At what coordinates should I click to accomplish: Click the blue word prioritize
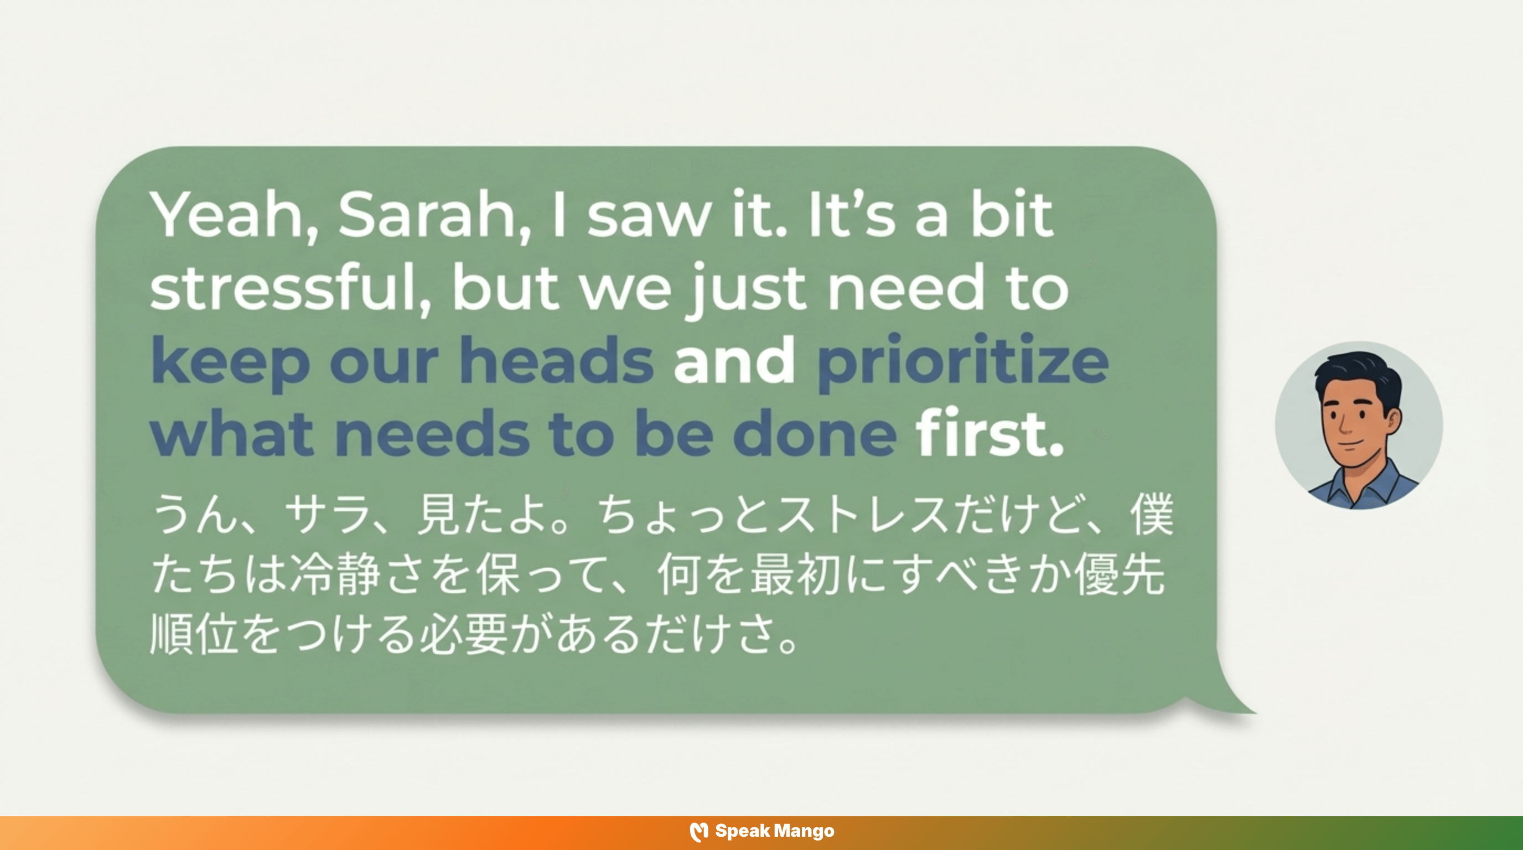click(x=962, y=361)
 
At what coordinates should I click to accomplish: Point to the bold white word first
click(x=988, y=434)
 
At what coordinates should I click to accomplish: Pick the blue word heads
click(x=556, y=361)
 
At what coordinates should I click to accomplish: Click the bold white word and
click(x=734, y=361)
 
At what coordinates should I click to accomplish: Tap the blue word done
click(x=814, y=434)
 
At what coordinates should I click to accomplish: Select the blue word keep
click(x=231, y=361)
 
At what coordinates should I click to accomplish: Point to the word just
click(x=746, y=288)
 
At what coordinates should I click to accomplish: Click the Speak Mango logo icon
click(x=699, y=832)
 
